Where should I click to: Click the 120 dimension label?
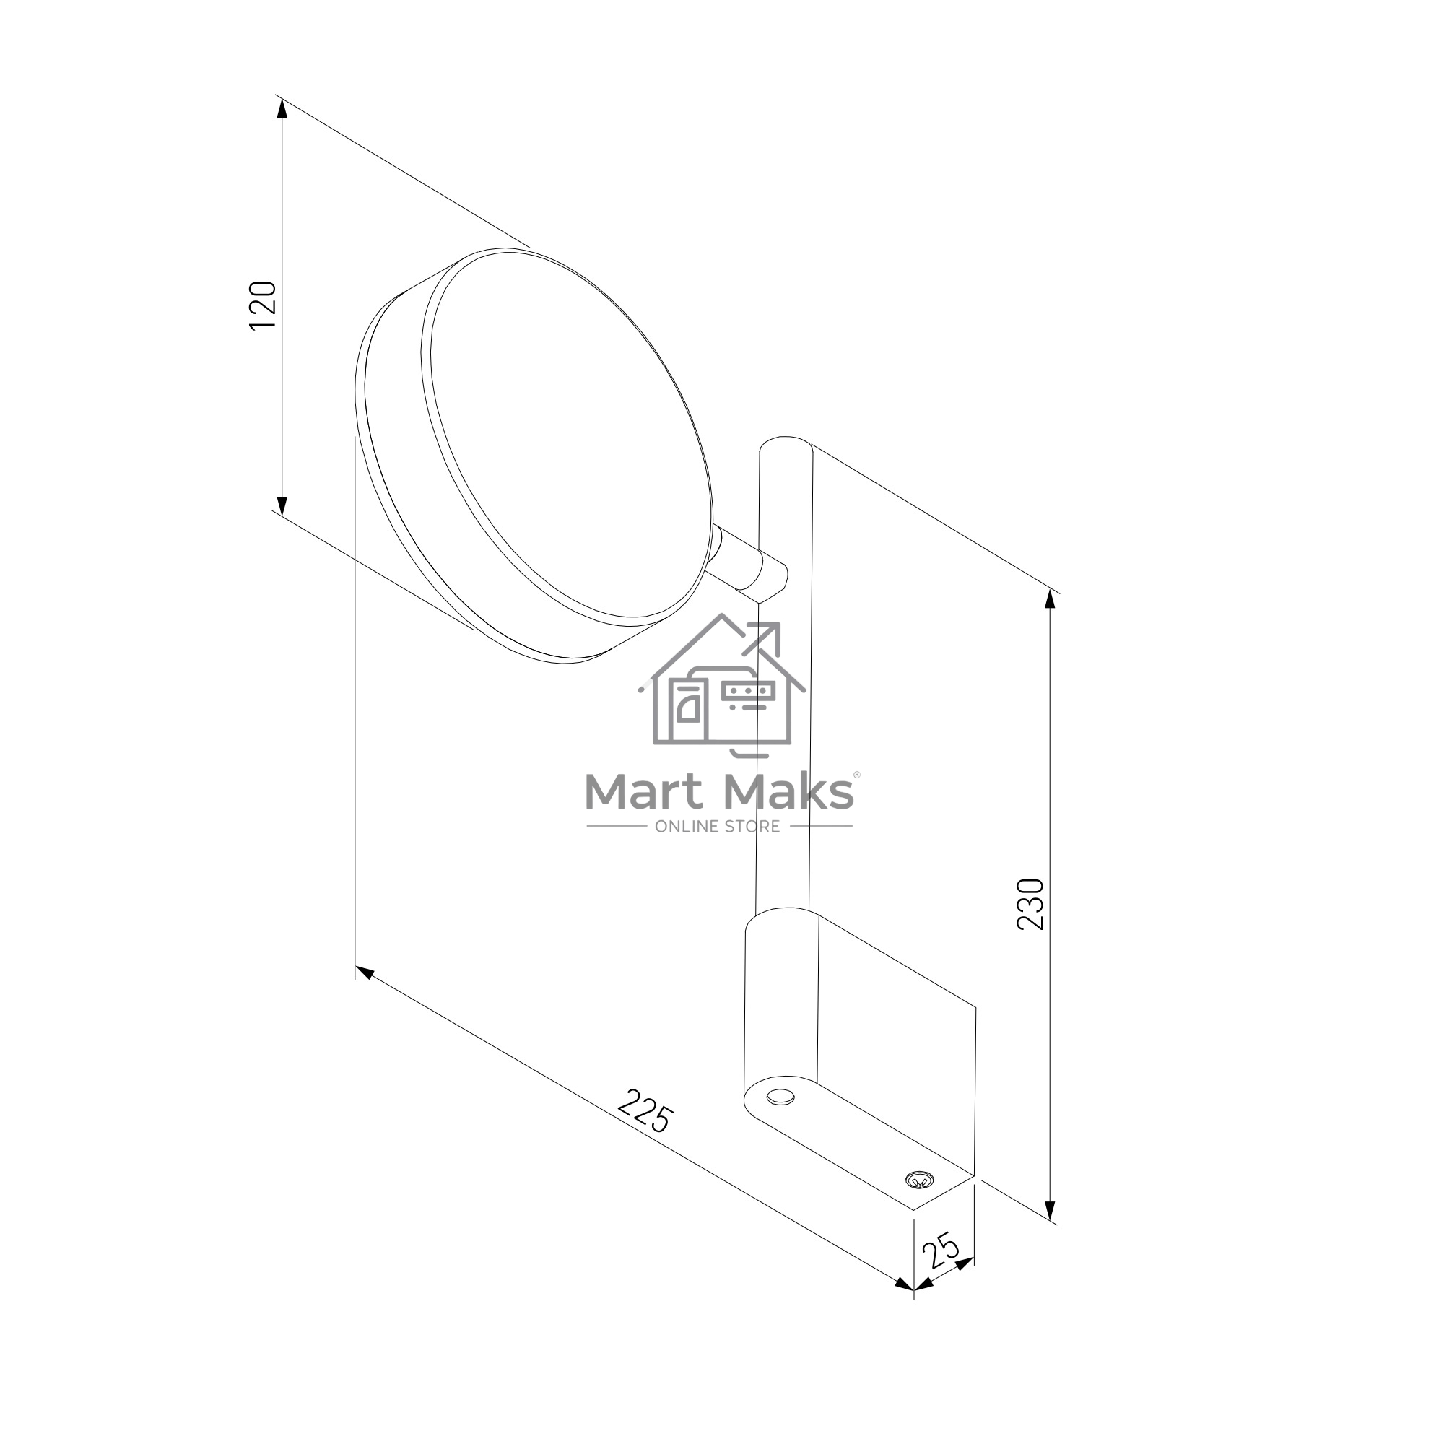(x=262, y=305)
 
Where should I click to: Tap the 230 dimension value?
(x=1030, y=905)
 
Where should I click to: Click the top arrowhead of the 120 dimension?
(x=282, y=108)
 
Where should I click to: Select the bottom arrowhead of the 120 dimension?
(x=282, y=505)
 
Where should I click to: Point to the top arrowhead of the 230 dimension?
(x=1050, y=601)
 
